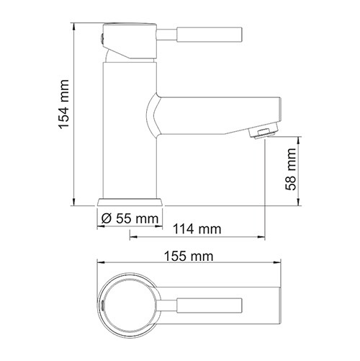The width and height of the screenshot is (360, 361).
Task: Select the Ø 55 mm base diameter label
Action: point(130,216)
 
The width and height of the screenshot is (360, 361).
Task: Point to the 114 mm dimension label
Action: point(197,230)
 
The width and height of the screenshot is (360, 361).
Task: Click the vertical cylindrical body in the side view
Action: point(130,130)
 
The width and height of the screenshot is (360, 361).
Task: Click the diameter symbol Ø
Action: point(106,217)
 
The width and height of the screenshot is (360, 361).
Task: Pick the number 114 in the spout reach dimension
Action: point(186,230)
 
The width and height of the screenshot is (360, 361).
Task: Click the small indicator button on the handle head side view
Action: point(102,34)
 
